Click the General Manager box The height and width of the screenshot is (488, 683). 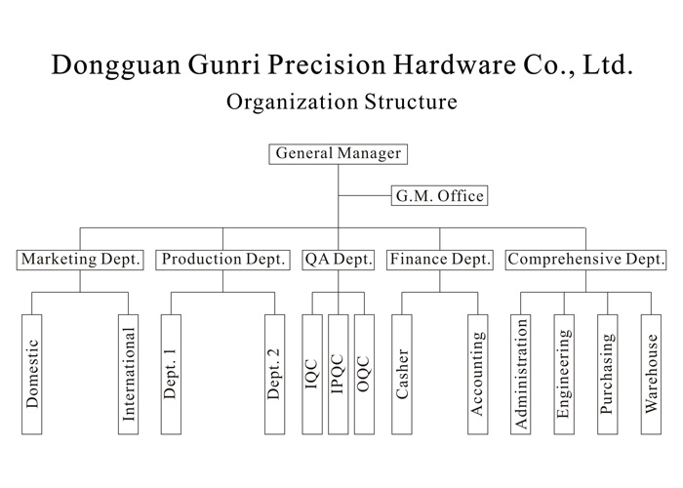[338, 154]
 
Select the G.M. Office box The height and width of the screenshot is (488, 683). [438, 196]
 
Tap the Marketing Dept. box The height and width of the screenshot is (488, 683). [81, 260]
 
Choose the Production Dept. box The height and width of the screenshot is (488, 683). [223, 260]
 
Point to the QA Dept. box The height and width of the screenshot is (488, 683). [339, 260]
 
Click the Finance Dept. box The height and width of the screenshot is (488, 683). [439, 260]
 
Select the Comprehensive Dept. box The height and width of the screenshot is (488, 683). [586, 260]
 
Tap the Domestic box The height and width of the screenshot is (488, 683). [31, 375]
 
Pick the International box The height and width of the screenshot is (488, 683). [128, 375]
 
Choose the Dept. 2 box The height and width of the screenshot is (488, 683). [274, 375]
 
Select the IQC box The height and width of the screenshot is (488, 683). [312, 375]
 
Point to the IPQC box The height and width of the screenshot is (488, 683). [338, 375]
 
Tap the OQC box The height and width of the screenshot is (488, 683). [364, 375]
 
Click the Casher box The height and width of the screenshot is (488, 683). [402, 375]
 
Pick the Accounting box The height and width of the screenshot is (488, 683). [477, 375]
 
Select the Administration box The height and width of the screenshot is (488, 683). [521, 375]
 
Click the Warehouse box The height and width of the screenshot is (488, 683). [652, 375]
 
